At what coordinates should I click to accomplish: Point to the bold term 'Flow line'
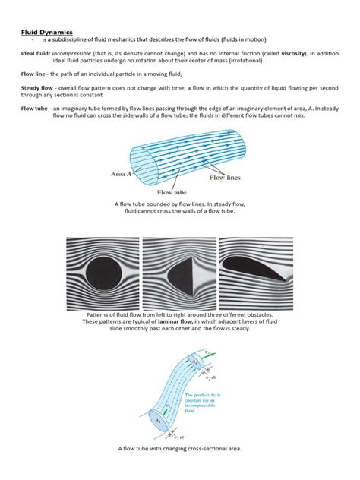pos(34,77)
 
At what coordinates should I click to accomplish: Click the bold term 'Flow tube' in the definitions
pos(34,111)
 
